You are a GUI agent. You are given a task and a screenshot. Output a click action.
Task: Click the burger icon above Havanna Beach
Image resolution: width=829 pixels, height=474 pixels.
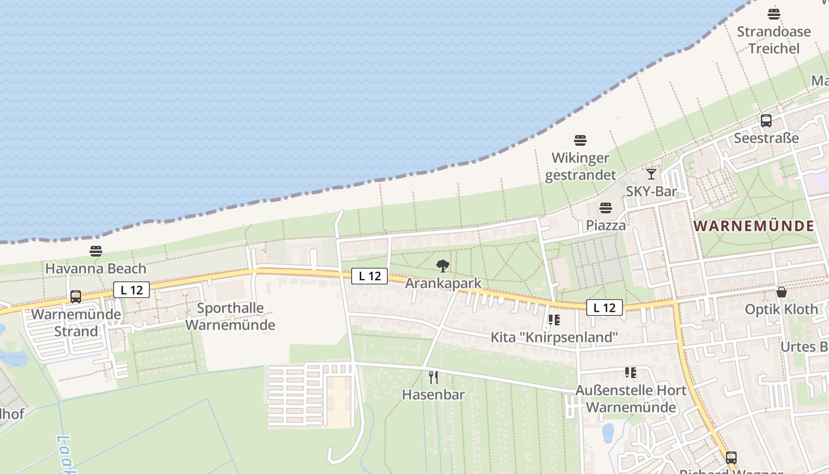point(96,251)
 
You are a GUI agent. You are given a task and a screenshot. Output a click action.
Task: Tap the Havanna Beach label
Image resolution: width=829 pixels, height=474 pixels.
point(96,268)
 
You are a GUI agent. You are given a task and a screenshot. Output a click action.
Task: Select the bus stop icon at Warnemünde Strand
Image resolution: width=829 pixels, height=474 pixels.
point(76,296)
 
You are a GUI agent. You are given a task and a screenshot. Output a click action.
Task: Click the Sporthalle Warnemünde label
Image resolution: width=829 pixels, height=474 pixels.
point(230,316)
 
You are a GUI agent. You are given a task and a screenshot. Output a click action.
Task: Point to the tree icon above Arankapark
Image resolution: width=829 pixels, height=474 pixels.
point(443,266)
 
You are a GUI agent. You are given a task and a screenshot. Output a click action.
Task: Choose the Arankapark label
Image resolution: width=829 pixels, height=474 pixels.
point(444,283)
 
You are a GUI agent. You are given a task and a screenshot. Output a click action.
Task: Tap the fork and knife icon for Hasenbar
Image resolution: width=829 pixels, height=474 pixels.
point(433,377)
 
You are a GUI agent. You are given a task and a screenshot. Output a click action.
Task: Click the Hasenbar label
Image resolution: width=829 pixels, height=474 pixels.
point(433,394)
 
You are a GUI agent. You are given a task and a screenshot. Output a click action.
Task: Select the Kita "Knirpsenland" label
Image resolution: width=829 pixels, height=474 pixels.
point(554,337)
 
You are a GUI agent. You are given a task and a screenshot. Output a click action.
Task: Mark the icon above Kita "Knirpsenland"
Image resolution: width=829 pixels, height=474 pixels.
point(554,320)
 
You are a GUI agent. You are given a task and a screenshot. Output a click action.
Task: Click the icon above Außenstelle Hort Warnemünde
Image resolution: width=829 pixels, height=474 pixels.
point(631,373)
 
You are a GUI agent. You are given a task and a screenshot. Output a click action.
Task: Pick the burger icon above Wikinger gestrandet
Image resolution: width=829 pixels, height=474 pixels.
point(580,140)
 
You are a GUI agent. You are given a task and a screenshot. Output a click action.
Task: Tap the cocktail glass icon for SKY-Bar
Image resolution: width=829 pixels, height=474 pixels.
point(651,174)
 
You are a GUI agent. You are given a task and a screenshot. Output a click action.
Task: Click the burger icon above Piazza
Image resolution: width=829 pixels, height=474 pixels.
point(606,208)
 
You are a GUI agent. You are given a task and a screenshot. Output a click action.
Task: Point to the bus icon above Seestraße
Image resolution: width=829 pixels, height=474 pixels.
point(766,121)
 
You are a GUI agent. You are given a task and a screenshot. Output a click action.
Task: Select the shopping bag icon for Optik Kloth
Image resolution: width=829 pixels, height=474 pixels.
point(782,292)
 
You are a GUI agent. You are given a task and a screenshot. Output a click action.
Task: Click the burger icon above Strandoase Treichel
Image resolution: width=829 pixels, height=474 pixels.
point(774,14)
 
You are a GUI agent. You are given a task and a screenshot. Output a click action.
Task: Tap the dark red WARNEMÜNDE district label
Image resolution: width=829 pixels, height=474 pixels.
point(754,226)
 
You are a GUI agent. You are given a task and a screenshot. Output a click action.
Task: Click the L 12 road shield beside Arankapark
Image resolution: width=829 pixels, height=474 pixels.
point(369,276)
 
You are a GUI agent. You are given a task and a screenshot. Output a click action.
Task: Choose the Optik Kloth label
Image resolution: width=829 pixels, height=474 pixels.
point(781,309)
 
